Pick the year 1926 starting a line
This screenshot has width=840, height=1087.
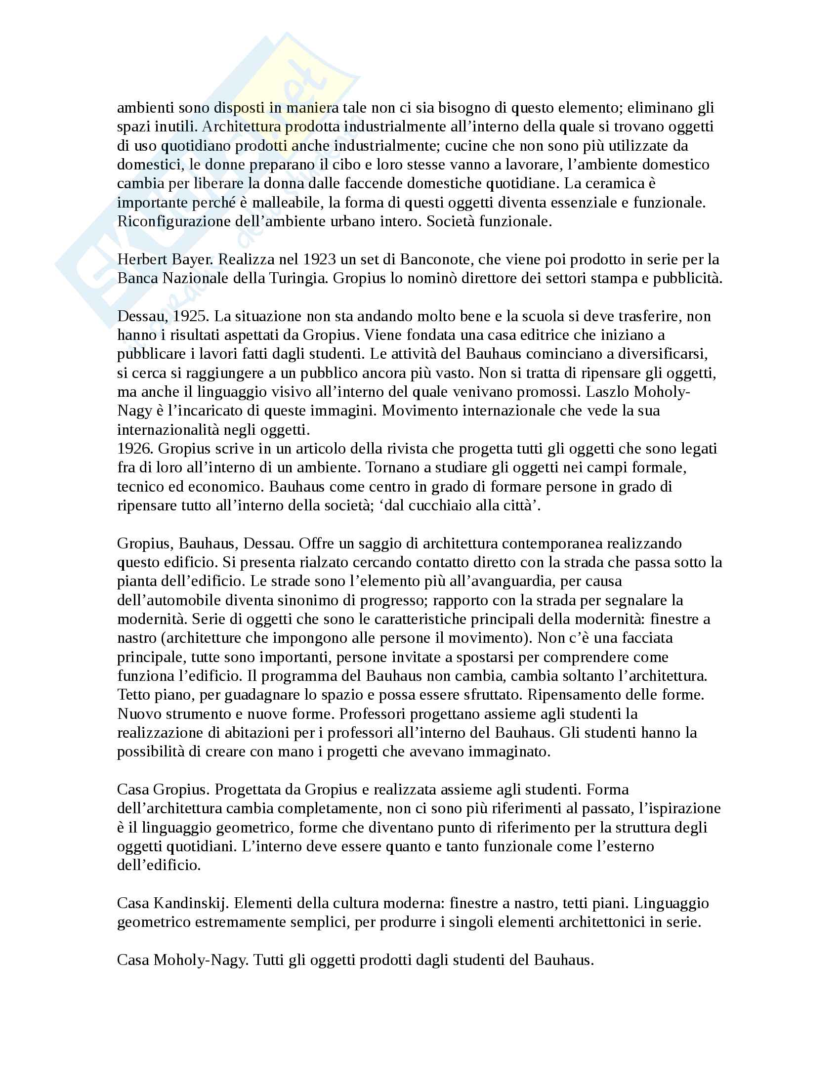(x=134, y=449)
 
